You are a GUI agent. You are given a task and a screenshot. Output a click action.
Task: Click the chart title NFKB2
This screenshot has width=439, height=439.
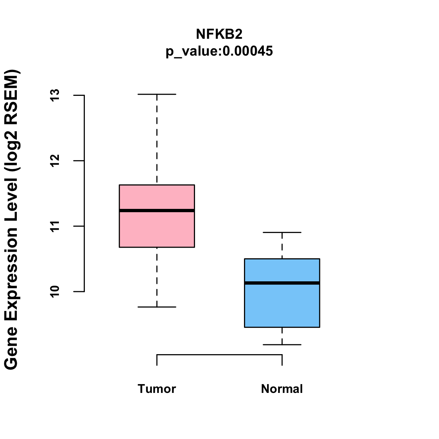219,34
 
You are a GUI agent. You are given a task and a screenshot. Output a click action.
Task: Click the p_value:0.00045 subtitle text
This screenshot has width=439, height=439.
219,51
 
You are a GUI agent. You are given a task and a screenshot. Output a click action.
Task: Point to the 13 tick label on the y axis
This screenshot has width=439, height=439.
55,95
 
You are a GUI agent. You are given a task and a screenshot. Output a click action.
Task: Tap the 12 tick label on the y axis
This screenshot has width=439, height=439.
55,161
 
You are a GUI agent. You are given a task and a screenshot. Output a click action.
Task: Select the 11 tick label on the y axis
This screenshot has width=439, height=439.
55,226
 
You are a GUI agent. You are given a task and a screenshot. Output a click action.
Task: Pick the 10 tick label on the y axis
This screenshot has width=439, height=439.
55,292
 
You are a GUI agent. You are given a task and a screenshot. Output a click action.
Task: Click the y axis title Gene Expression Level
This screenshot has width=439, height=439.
12,219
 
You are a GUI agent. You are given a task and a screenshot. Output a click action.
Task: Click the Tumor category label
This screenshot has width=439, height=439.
157,389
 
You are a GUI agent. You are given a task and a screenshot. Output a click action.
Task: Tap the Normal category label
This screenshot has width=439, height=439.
282,389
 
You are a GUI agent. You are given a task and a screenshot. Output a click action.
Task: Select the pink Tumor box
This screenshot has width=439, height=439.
157,230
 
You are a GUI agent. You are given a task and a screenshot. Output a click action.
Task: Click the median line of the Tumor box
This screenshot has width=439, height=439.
157,210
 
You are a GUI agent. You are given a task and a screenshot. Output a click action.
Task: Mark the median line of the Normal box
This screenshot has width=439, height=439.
282,283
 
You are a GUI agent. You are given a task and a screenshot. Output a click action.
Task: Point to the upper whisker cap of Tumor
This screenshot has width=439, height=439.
157,94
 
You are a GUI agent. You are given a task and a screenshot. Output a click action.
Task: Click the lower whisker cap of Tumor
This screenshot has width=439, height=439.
157,307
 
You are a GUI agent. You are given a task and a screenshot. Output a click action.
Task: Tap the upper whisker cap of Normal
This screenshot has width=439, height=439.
282,232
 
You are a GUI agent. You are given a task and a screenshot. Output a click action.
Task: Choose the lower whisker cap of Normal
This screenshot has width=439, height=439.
282,345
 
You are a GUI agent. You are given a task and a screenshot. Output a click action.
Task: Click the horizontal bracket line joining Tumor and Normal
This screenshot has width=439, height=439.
219,354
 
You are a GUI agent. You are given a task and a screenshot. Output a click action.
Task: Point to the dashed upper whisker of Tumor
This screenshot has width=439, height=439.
157,139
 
